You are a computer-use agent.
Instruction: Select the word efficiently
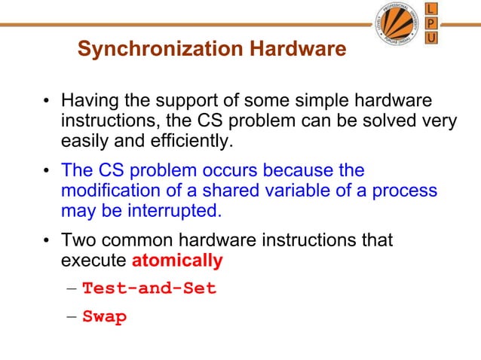click(191, 140)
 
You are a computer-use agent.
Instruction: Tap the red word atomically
click(177, 261)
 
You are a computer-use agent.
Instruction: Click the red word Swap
click(104, 316)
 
